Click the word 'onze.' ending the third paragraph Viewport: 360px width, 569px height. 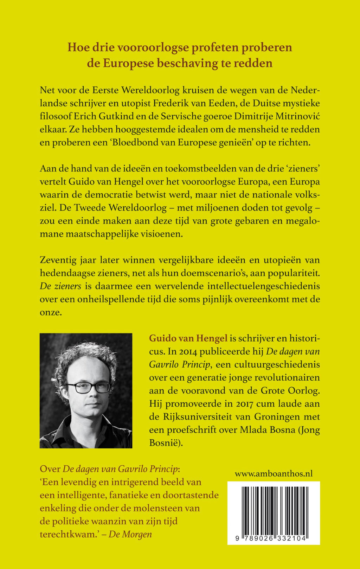pos(51,312)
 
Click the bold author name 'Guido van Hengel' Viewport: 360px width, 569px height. pos(188,338)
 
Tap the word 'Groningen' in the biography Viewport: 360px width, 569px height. pos(298,417)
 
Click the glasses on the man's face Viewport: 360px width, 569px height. pos(89,387)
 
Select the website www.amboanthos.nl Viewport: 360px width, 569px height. pos(274,474)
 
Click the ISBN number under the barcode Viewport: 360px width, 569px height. pos(274,539)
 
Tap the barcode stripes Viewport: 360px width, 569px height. pos(274,508)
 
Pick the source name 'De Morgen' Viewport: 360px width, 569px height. pos(130,534)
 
